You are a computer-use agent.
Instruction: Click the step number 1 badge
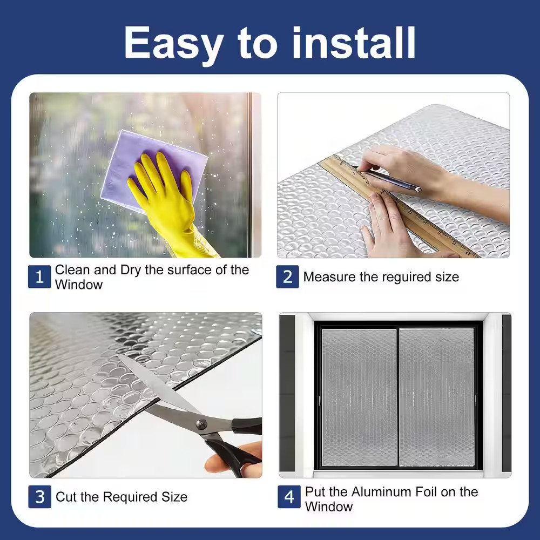point(39,276)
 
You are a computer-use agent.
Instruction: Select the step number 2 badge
point(287,276)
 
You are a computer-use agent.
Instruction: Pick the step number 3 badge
point(39,497)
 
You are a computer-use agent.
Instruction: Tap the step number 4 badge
point(289,497)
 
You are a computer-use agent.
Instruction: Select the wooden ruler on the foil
point(396,205)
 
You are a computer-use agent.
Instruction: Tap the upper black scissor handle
point(247,426)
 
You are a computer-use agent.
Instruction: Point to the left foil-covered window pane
point(359,397)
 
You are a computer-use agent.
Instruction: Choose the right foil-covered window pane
point(437,397)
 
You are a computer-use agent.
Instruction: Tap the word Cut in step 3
point(65,497)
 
